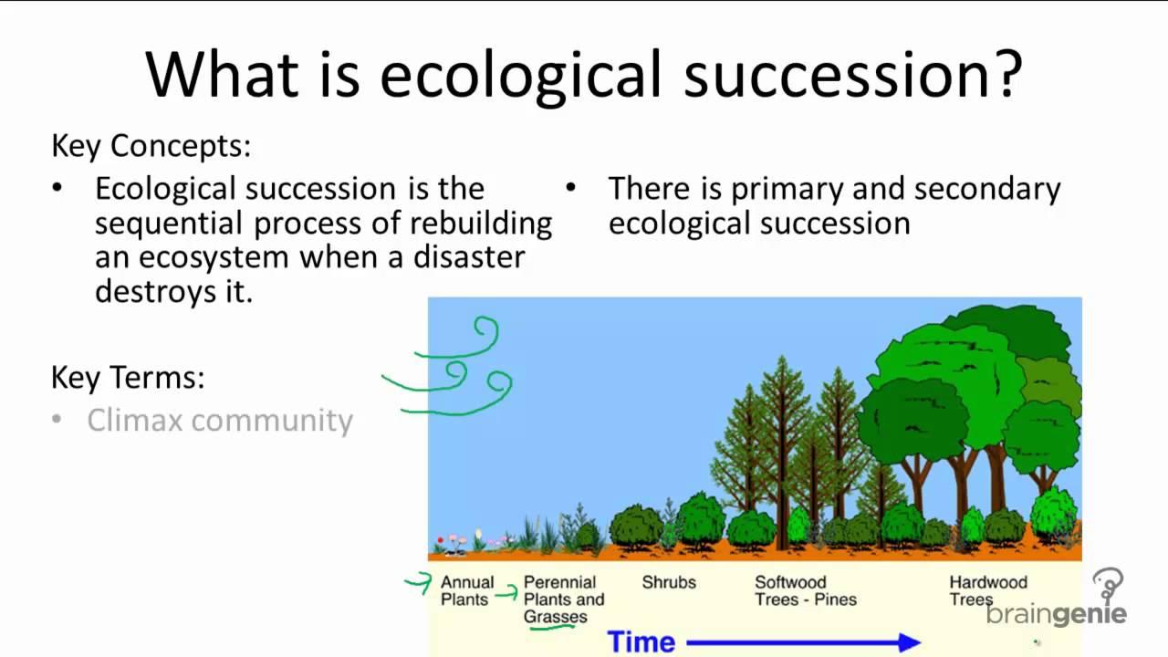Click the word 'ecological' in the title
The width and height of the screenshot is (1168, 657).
pyautogui.click(x=520, y=77)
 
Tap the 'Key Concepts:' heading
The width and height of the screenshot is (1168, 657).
pyautogui.click(x=151, y=147)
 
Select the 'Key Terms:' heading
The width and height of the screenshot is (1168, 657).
pyautogui.click(x=128, y=378)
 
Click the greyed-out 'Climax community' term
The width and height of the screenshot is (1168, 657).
pyautogui.click(x=220, y=421)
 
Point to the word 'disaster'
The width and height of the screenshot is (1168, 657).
pyautogui.click(x=469, y=257)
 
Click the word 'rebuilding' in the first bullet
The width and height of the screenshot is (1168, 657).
pyautogui.click(x=481, y=224)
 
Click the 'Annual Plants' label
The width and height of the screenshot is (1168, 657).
pyautogui.click(x=467, y=590)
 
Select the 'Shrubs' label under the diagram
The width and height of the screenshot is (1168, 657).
pyautogui.click(x=669, y=582)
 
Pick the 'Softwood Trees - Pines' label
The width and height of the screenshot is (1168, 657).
pyautogui.click(x=806, y=590)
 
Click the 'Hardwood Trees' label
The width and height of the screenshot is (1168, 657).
pyautogui.click(x=988, y=590)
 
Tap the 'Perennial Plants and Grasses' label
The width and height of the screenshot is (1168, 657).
pyautogui.click(x=564, y=600)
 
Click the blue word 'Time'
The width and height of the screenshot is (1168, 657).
pyautogui.click(x=641, y=641)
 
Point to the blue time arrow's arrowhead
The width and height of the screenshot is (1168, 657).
pyautogui.click(x=910, y=642)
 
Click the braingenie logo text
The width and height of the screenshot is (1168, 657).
pyautogui.click(x=1057, y=614)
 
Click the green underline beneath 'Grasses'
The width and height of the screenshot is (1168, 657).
pyautogui.click(x=552, y=627)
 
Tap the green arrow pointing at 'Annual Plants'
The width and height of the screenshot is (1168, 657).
pyautogui.click(x=419, y=582)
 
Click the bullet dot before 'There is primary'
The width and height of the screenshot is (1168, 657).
pyautogui.click(x=571, y=187)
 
